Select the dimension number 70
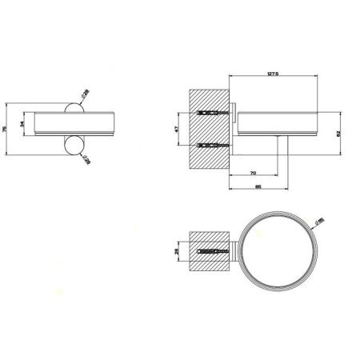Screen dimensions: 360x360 253,172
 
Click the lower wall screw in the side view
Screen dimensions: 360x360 210,146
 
